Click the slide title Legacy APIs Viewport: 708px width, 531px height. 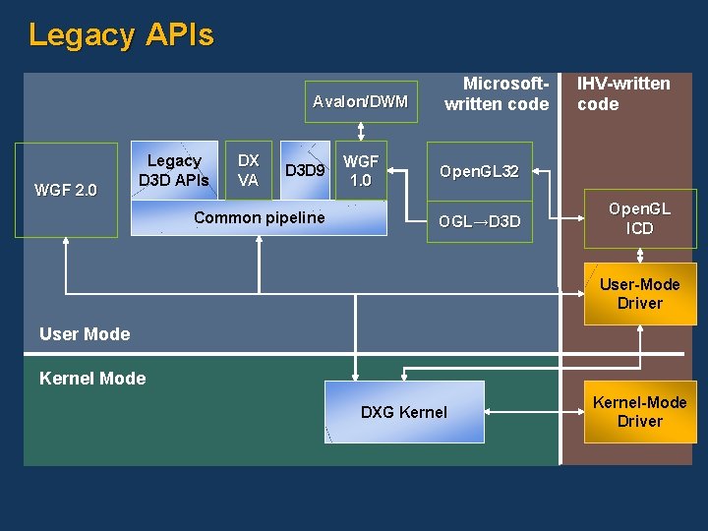pyautogui.click(x=121, y=35)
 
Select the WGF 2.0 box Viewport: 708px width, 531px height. pyautogui.click(x=65, y=190)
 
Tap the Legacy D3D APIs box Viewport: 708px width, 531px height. pyautogui.click(x=174, y=170)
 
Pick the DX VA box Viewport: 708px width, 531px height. pyautogui.click(x=249, y=170)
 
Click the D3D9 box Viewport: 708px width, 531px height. pyautogui.click(x=304, y=171)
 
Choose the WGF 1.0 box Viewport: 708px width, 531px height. pyautogui.click(x=361, y=171)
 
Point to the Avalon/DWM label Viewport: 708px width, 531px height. pyautogui.click(x=360, y=100)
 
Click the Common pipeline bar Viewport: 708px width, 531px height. pyautogui.click(x=259, y=218)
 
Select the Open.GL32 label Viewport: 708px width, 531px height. pyautogui.click(x=479, y=172)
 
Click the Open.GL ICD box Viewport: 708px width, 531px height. pyautogui.click(x=639, y=219)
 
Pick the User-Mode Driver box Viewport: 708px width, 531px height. pyautogui.click(x=640, y=294)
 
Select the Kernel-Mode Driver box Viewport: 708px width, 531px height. pyautogui.click(x=640, y=412)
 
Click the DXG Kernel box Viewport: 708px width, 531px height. pyautogui.click(x=404, y=412)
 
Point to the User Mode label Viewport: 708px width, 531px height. pyautogui.click(x=85, y=334)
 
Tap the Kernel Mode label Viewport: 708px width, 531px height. pyautogui.click(x=92, y=379)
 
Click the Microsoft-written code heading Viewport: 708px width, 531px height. pyautogui.click(x=497, y=94)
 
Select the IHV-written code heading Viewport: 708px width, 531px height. pyautogui.click(x=623, y=94)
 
